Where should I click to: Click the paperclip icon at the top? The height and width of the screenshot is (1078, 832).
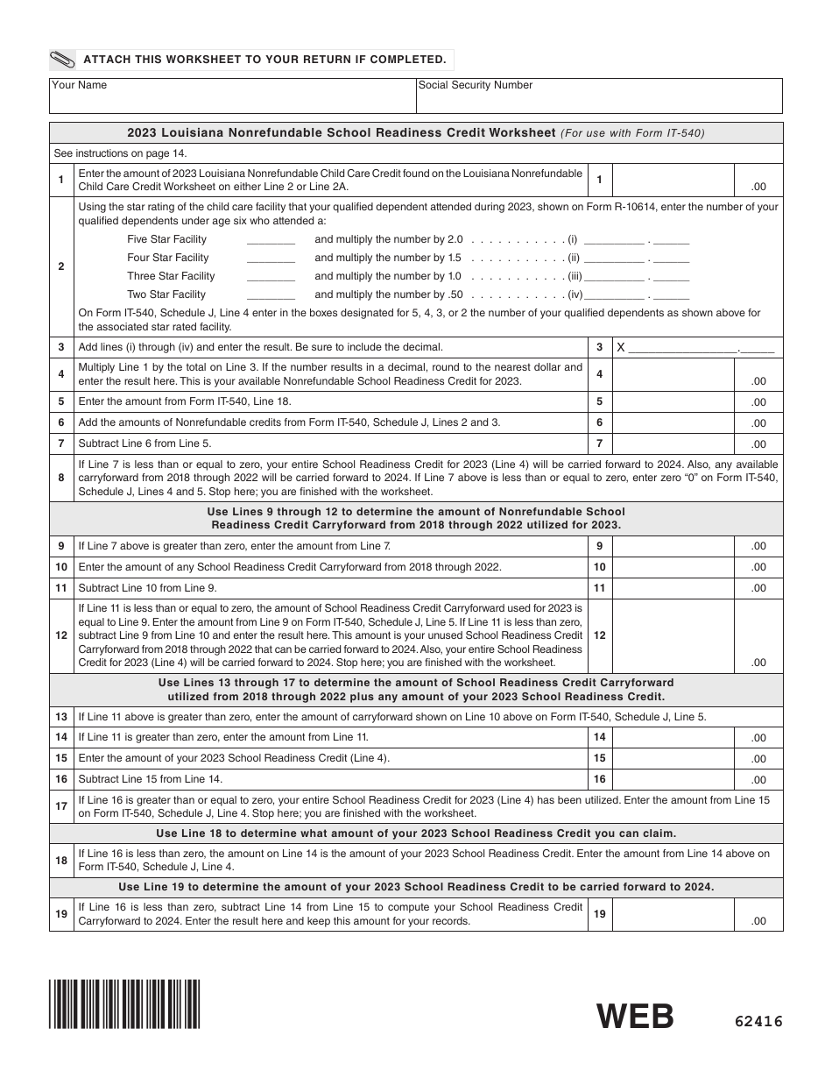pos(63,60)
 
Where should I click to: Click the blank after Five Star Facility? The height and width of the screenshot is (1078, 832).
pos(271,240)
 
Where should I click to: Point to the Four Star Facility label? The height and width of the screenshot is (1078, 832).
pos(168,258)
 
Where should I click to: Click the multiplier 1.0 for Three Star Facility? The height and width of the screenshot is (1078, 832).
pos(454,276)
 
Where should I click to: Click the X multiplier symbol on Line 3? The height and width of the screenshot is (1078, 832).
pos(621,347)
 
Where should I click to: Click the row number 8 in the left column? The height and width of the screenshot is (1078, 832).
pos(61,478)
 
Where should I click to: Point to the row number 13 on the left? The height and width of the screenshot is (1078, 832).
pos(61,717)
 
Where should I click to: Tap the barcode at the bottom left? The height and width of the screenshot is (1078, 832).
pos(124,1004)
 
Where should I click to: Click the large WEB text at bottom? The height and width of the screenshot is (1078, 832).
pos(636,1017)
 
